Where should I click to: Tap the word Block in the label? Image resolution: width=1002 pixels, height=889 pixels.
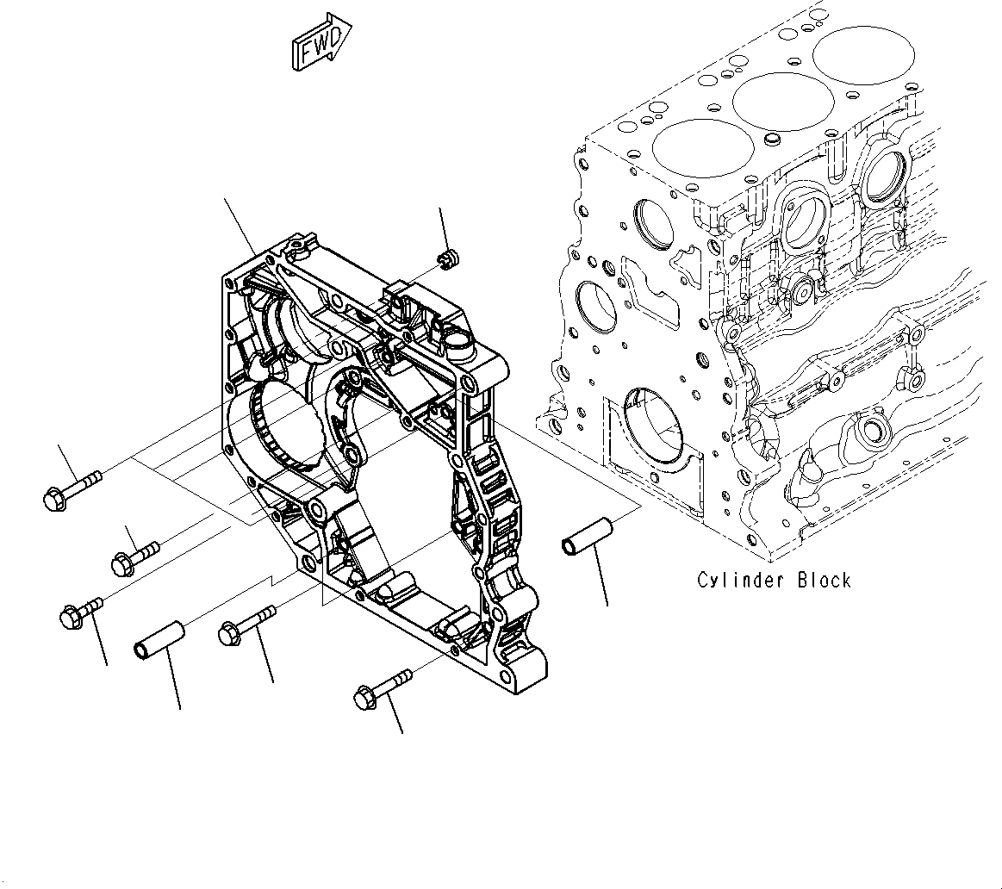click(x=824, y=581)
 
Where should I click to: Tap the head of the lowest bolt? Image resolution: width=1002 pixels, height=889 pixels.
click(x=364, y=698)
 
